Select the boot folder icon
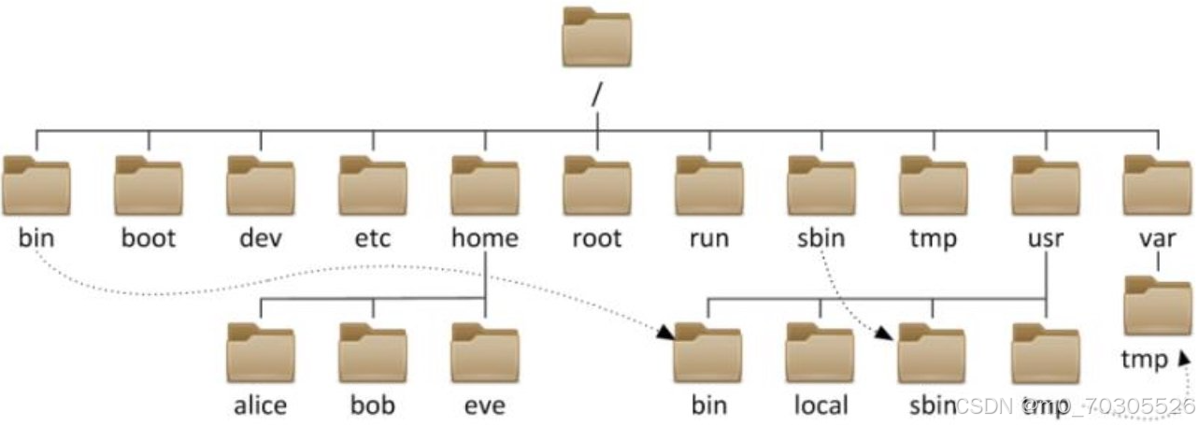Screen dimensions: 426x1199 [149, 185]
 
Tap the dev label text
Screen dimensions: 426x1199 [261, 238]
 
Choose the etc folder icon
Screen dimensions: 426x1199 [373, 185]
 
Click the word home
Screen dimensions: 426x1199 [484, 238]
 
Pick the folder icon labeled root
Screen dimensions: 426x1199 [597, 185]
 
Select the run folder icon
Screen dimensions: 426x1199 [709, 185]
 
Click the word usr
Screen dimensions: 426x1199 [1045, 238]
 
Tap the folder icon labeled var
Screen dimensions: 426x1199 [1158, 185]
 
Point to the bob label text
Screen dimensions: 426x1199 [373, 405]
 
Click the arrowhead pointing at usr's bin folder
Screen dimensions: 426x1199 [666, 332]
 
